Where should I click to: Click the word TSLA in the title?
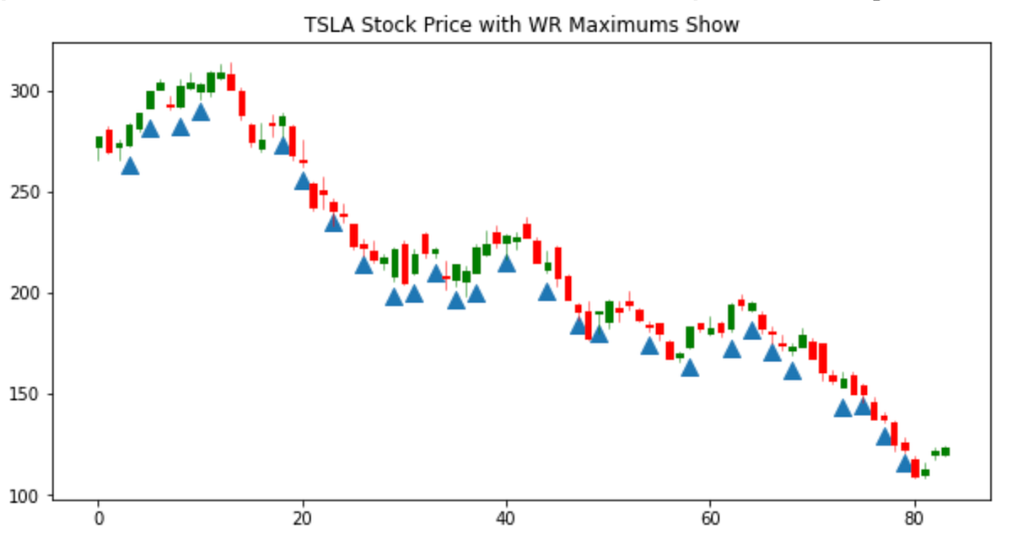(x=326, y=25)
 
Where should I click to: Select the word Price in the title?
(x=428, y=25)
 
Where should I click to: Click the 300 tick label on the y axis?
(x=27, y=91)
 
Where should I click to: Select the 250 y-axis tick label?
(x=27, y=192)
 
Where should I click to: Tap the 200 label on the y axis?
(x=27, y=294)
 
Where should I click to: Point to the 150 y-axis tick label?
(x=27, y=394)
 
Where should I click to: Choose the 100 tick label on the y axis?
(x=27, y=495)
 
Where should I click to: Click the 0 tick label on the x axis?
(x=99, y=519)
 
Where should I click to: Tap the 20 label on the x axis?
(x=302, y=519)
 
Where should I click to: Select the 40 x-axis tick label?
(x=506, y=519)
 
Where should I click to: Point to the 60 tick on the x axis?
(x=710, y=519)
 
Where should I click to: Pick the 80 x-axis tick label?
(x=913, y=519)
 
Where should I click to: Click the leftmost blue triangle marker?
(x=130, y=166)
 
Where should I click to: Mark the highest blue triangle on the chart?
(x=201, y=112)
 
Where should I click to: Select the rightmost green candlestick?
(x=945, y=451)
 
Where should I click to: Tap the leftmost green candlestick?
(x=99, y=143)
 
